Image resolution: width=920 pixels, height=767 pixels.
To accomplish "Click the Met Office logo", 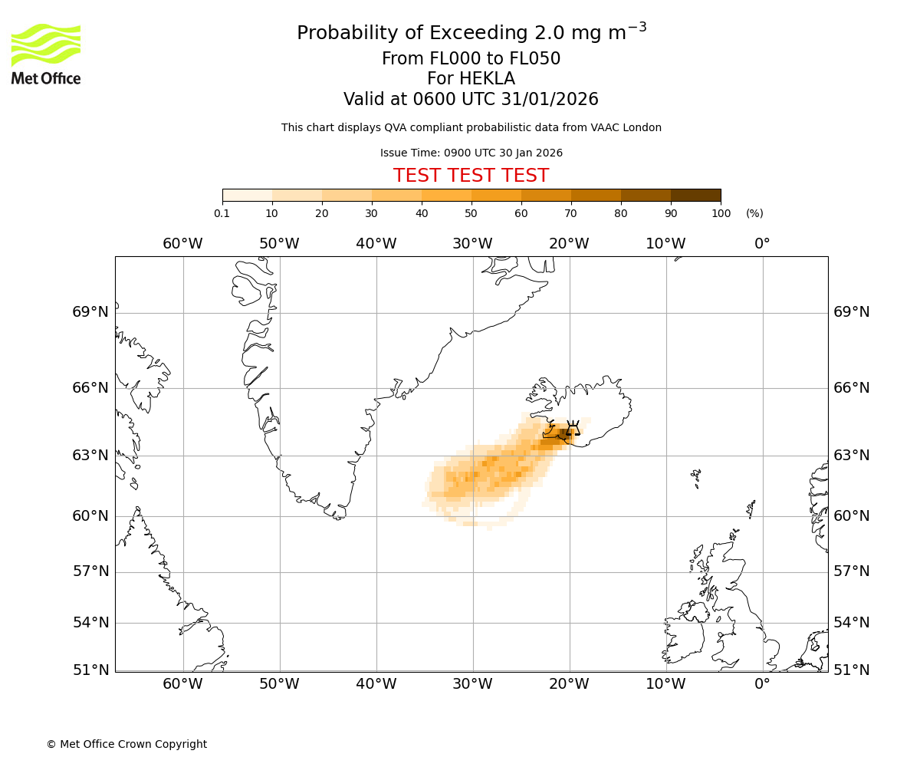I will pyautogui.click(x=46, y=54).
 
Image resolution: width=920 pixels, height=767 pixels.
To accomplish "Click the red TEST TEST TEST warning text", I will pyautogui.click(x=471, y=176).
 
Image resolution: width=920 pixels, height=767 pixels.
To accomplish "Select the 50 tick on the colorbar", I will pyautogui.click(x=471, y=213).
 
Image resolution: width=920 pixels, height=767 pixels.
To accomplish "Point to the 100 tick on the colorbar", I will pyautogui.click(x=721, y=213).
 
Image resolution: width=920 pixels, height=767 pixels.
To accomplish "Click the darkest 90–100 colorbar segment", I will pyautogui.click(x=695, y=195).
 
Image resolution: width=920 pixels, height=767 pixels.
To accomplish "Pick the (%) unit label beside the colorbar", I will pyautogui.click(x=754, y=213).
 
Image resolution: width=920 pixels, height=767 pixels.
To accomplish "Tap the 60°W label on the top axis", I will pyautogui.click(x=182, y=244).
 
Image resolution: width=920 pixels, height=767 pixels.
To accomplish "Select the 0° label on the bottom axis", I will pyautogui.click(x=762, y=684).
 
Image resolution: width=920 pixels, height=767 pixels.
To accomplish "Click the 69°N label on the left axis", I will pyautogui.click(x=90, y=312).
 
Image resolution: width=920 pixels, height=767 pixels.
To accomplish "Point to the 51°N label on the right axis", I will pyautogui.click(x=852, y=670).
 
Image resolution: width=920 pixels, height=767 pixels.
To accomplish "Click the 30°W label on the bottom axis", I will pyautogui.click(x=472, y=684).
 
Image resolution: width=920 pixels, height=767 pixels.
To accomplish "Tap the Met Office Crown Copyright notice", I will pyautogui.click(x=127, y=744).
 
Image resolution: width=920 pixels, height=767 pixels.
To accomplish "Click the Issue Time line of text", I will pyautogui.click(x=471, y=153).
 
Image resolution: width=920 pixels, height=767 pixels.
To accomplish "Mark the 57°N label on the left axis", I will pyautogui.click(x=90, y=571).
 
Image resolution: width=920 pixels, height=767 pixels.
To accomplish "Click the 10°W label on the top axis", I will pyautogui.click(x=665, y=244).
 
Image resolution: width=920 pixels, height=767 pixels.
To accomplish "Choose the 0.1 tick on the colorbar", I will pyautogui.click(x=222, y=213).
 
